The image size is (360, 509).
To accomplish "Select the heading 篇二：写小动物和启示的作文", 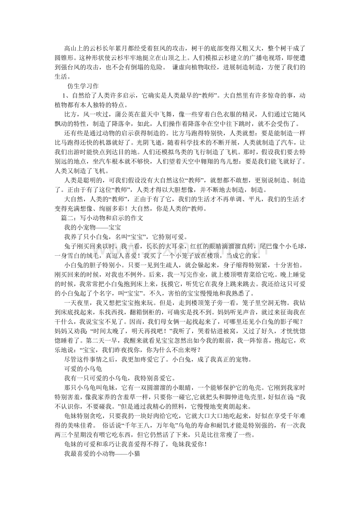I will (100, 218).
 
